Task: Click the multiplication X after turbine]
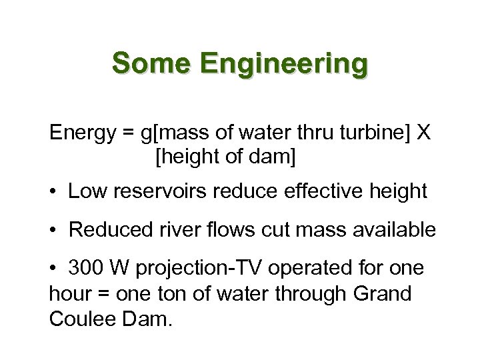point(423,133)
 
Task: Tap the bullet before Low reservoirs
point(55,192)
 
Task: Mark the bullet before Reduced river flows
point(55,231)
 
